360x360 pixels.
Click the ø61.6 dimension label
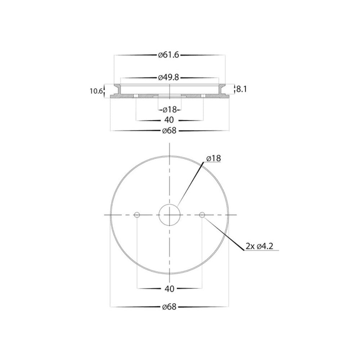pyautogui.click(x=169, y=55)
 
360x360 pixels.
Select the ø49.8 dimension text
pyautogui.click(x=169, y=77)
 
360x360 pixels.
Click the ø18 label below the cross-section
pyautogui.click(x=169, y=109)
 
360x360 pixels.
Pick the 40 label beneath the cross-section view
pyautogui.click(x=169, y=120)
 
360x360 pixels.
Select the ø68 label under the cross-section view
pyautogui.click(x=169, y=131)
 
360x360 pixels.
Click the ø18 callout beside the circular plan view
pyautogui.click(x=214, y=158)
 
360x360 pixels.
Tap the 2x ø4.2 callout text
pyautogui.click(x=261, y=246)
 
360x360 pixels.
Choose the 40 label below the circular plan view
pyautogui.click(x=169, y=288)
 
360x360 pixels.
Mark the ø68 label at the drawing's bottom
pyautogui.click(x=169, y=307)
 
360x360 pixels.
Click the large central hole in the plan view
pyautogui.click(x=169, y=215)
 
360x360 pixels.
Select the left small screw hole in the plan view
pyautogui.click(x=137, y=215)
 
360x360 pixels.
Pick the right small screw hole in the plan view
pyautogui.click(x=202, y=215)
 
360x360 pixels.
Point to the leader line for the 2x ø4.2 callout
pyautogui.click(x=223, y=232)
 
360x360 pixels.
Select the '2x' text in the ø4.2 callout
pyautogui.click(x=250, y=246)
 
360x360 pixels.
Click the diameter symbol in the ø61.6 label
pyautogui.click(x=160, y=55)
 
